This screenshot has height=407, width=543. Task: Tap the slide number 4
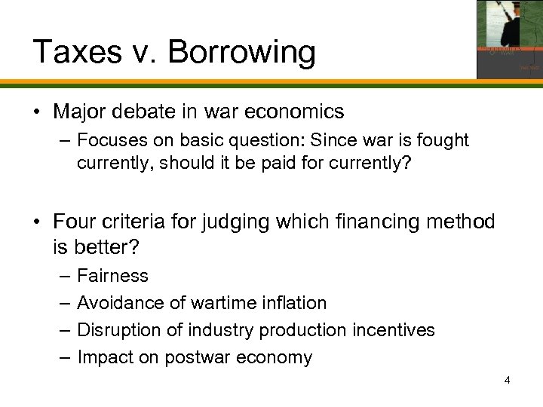(x=508, y=379)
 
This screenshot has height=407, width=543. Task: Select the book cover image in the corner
(x=509, y=39)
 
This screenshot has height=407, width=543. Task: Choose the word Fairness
(x=113, y=277)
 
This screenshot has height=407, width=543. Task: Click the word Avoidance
(x=119, y=303)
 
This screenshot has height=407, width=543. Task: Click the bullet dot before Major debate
(x=36, y=112)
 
